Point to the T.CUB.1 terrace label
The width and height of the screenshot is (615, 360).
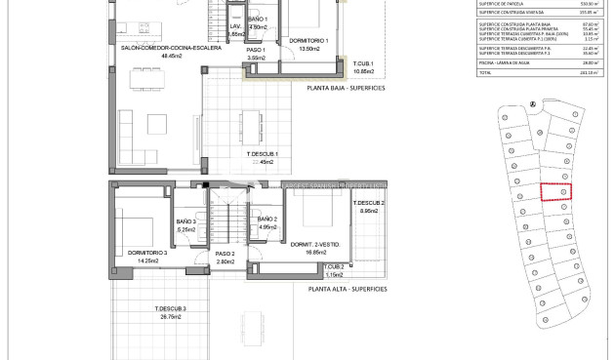[x=363, y=64]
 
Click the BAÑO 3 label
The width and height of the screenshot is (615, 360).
[x=186, y=222]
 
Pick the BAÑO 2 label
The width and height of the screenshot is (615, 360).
[x=268, y=220]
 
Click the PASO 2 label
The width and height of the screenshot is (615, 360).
[x=226, y=253]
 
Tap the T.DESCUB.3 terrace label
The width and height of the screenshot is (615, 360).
[x=169, y=309]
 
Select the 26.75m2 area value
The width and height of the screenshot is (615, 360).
[x=169, y=317]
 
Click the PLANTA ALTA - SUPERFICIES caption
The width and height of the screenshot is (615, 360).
[x=348, y=289]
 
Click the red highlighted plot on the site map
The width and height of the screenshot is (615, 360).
[x=554, y=192]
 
